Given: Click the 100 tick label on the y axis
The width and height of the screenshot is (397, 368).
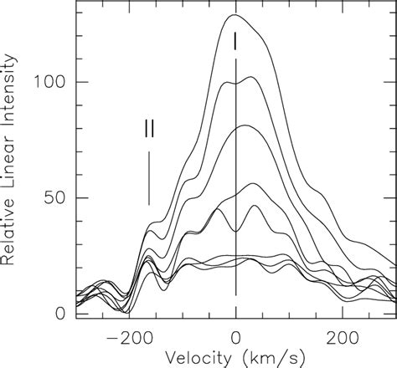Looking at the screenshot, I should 49,82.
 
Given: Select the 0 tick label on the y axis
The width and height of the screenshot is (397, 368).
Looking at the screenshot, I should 60,314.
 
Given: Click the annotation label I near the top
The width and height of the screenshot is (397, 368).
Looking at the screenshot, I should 236,39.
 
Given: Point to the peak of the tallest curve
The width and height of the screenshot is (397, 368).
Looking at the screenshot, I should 235,15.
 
